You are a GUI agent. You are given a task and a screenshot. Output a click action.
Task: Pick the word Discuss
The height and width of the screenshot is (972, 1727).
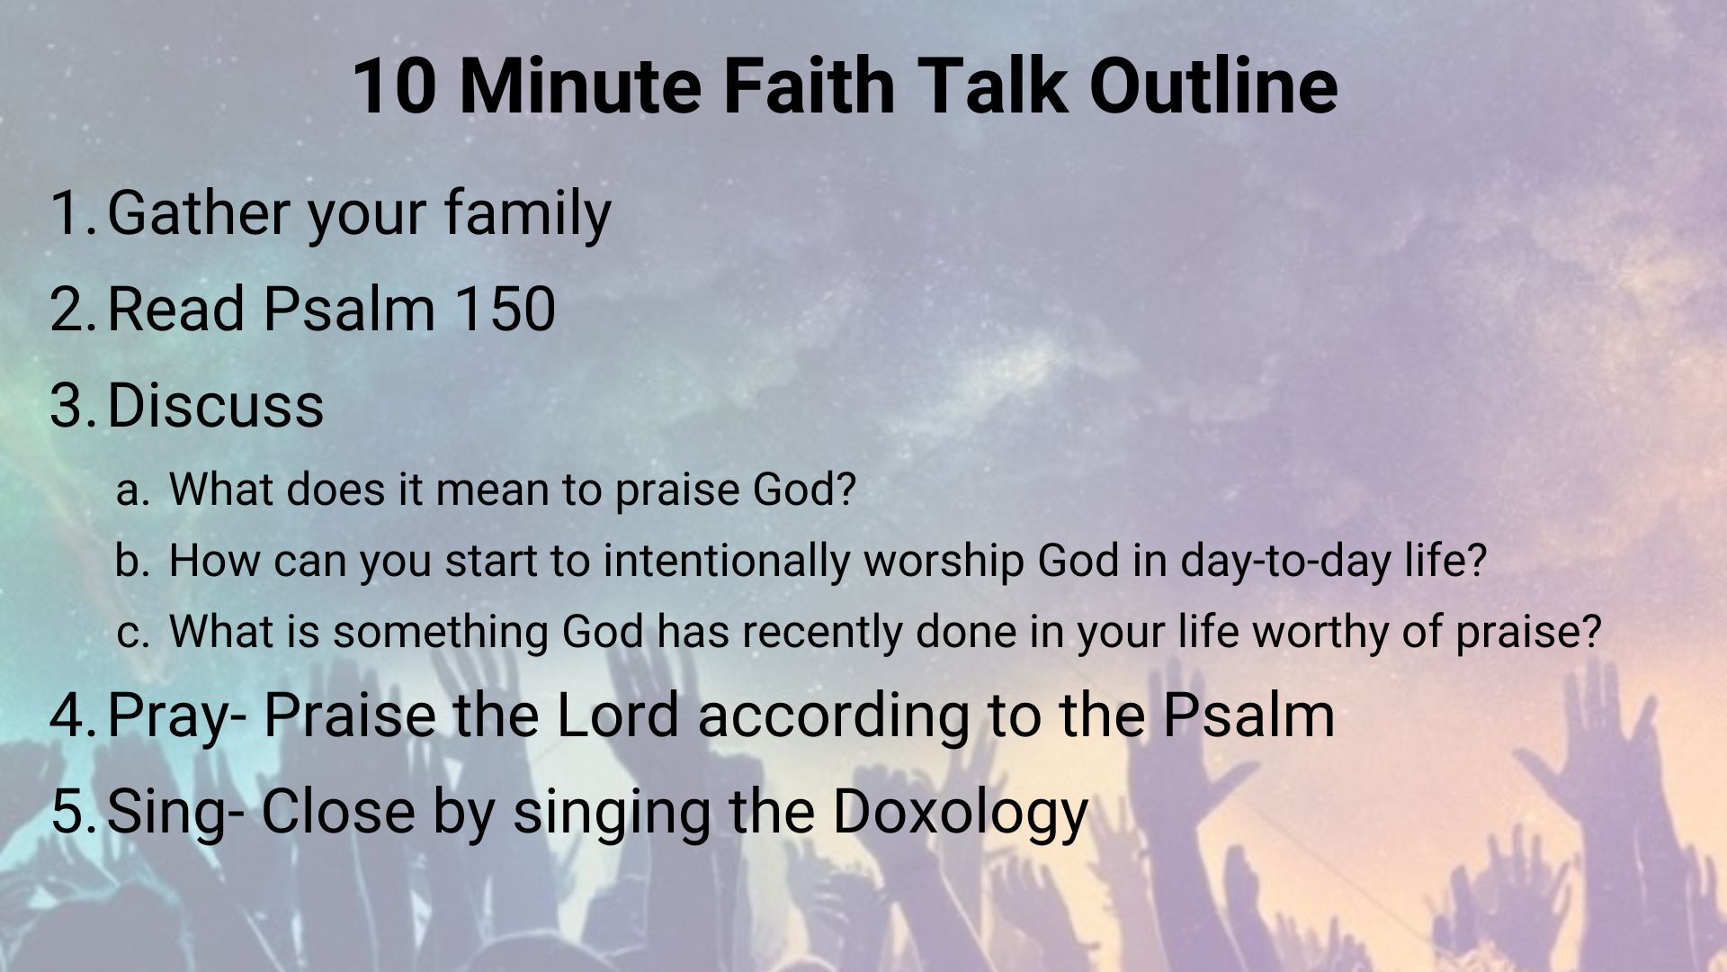[x=215, y=404]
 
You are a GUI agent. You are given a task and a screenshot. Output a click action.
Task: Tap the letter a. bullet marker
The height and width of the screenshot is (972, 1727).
[x=131, y=490]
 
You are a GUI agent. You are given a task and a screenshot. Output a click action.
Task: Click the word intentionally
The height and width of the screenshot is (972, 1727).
[x=727, y=562]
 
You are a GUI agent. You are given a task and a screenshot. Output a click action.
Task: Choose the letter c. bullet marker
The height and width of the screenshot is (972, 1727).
[x=131, y=633]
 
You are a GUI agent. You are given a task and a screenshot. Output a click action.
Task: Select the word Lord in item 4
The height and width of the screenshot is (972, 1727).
[x=618, y=715]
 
